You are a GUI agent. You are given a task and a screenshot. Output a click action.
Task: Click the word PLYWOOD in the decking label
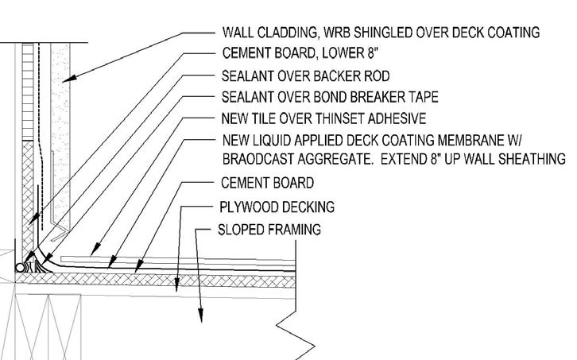tap(247, 207)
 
